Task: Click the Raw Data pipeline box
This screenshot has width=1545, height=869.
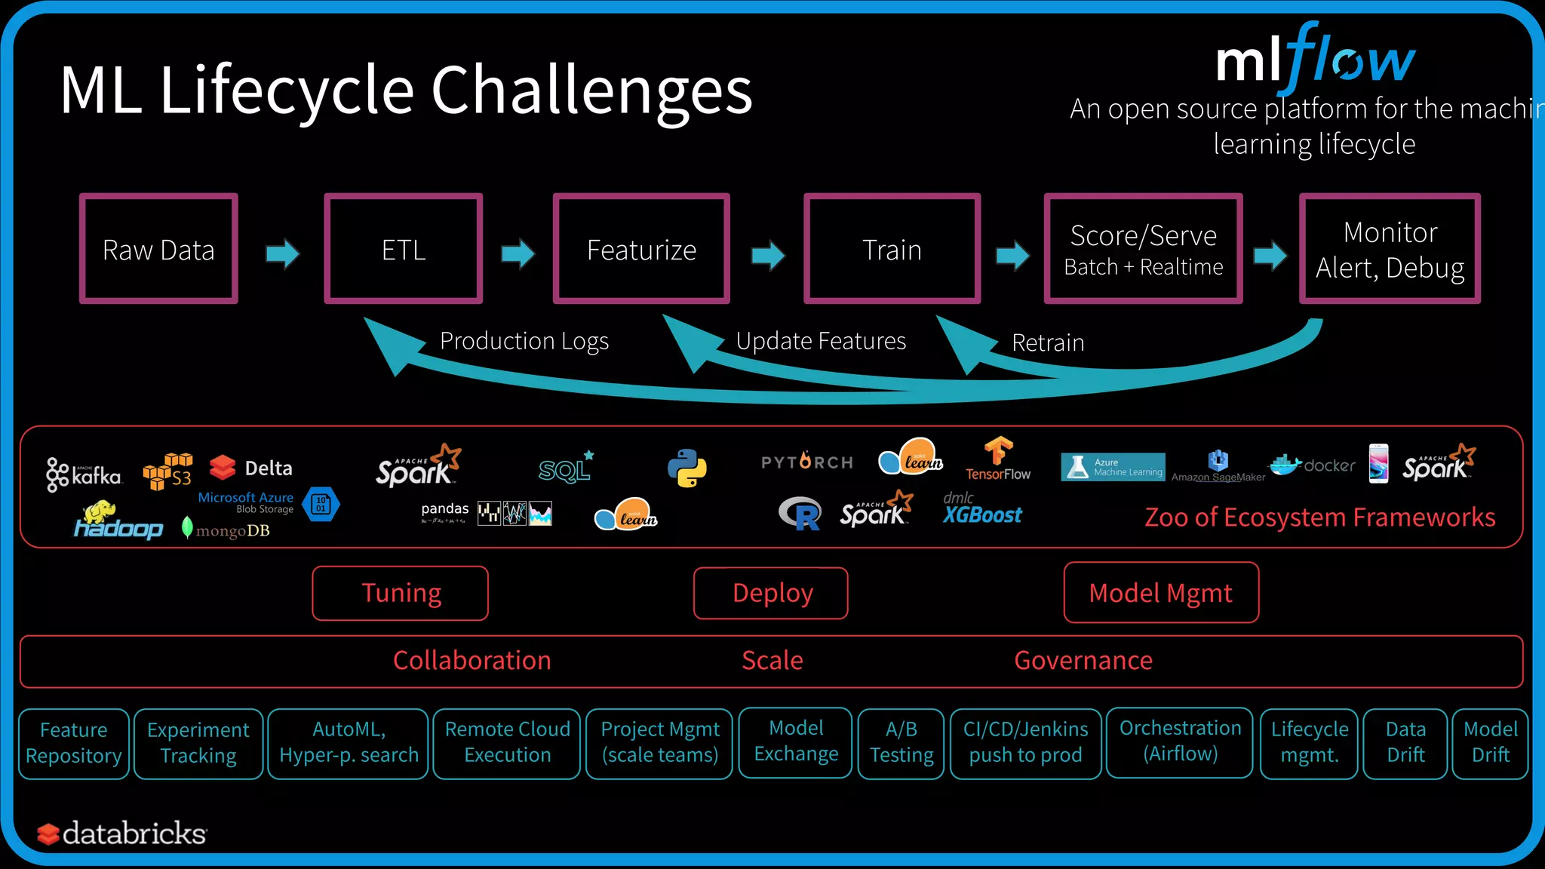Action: click(158, 249)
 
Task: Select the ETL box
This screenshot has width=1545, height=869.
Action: click(403, 249)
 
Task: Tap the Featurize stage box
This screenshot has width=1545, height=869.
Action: click(641, 249)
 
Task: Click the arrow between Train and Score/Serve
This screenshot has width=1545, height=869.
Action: click(1012, 255)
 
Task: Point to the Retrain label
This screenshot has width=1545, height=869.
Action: click(1048, 343)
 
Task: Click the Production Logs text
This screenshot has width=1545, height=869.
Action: click(524, 341)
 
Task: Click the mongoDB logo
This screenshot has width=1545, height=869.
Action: click(226, 530)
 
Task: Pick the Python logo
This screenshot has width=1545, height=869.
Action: click(686, 468)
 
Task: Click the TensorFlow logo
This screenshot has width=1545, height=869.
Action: click(998, 459)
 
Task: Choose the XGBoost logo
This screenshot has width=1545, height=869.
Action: click(982, 511)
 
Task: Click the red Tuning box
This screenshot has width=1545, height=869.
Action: click(401, 593)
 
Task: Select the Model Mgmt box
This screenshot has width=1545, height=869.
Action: click(1161, 593)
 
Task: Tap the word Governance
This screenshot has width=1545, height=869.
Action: click(1083, 661)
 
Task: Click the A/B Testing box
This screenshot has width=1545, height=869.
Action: click(902, 743)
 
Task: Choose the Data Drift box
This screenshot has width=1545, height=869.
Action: click(1405, 743)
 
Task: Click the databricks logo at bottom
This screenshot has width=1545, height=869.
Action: click(122, 834)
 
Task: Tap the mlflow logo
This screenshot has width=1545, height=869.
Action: click(1315, 57)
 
